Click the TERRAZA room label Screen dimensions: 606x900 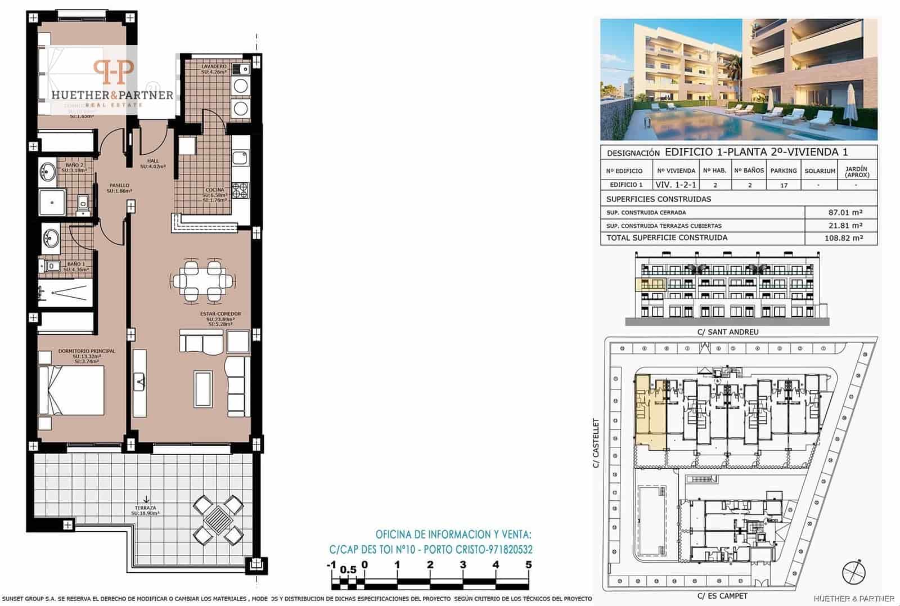point(145,508)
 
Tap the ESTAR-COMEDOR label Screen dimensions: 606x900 point(220,314)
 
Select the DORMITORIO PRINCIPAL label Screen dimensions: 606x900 point(86,351)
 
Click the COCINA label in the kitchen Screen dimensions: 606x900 point(215,190)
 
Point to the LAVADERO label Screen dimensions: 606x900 point(214,66)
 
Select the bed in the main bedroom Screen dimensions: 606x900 point(72,390)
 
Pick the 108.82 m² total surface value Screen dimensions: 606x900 point(841,238)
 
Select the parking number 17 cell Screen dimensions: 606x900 point(784,185)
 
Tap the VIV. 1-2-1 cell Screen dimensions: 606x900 point(676,185)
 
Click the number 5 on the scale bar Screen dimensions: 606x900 point(528,565)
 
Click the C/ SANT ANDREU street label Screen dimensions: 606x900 point(728,332)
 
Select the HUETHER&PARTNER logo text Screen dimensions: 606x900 point(112,95)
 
